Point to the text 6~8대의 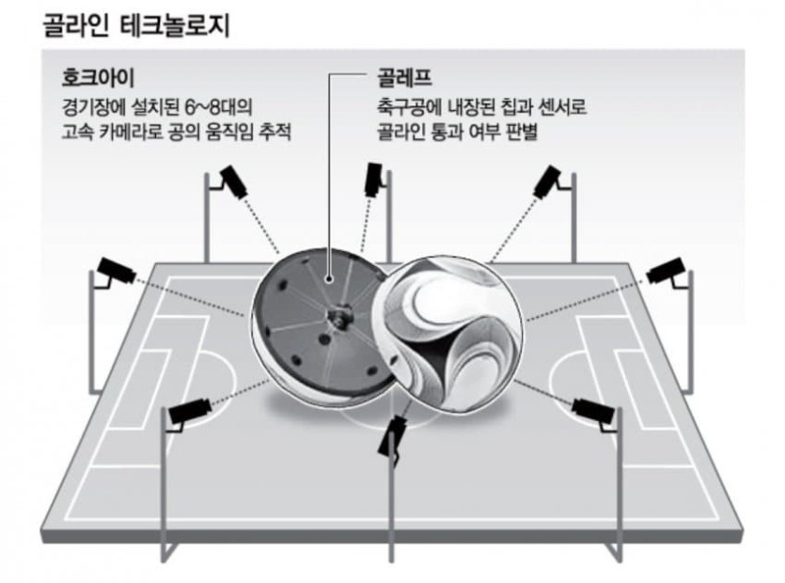pos(243,104)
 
